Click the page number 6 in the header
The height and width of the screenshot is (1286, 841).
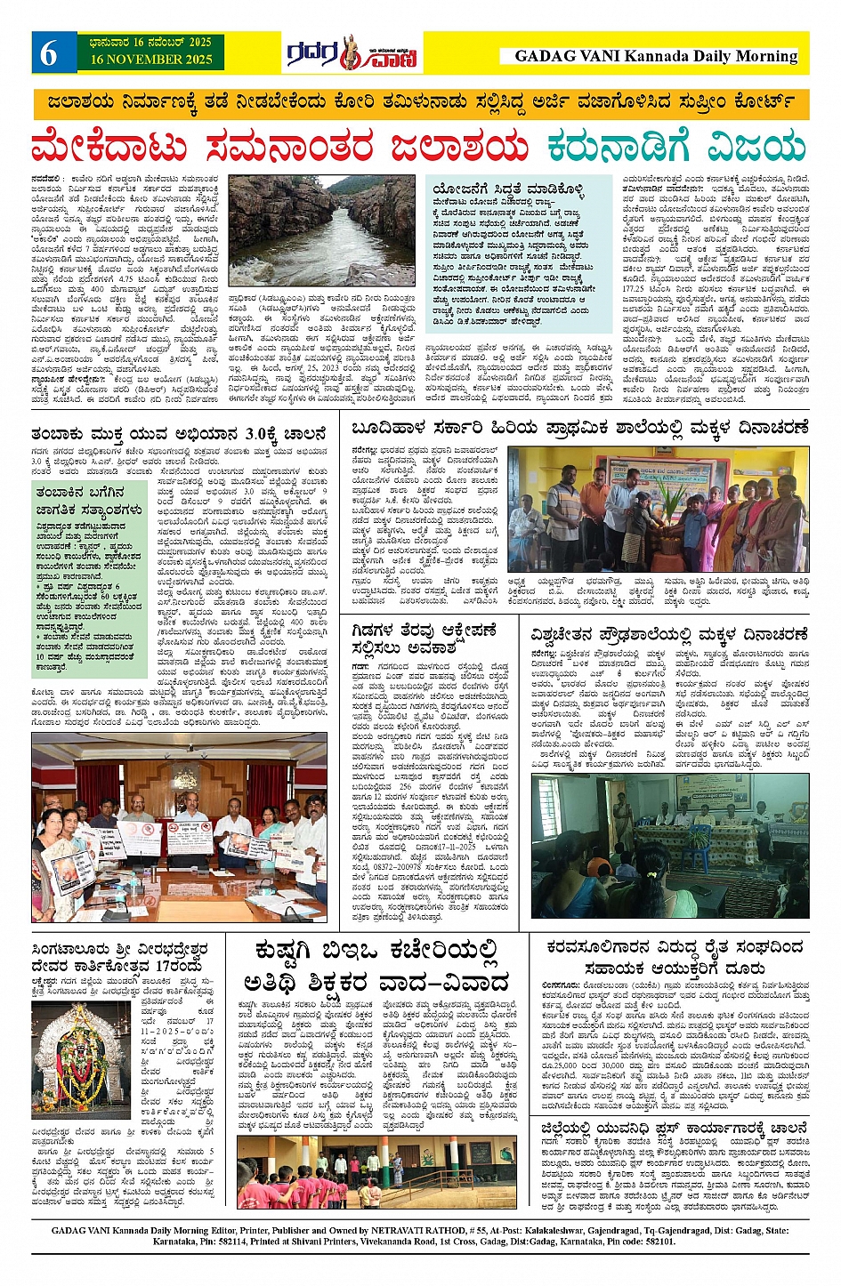pyautogui.click(x=48, y=53)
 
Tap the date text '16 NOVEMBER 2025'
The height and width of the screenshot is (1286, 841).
pyautogui.click(x=150, y=60)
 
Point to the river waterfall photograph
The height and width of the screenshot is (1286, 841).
pyautogui.click(x=321, y=229)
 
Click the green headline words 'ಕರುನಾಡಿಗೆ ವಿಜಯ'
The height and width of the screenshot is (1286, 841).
pyautogui.click(x=675, y=147)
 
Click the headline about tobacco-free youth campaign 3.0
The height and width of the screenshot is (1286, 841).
pyautogui.click(x=178, y=434)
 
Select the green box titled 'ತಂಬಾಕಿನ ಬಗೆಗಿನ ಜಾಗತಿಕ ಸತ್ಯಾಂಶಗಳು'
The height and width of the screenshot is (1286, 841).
pyautogui.click(x=88, y=565)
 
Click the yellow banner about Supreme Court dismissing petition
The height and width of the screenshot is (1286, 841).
pyautogui.click(x=420, y=101)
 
